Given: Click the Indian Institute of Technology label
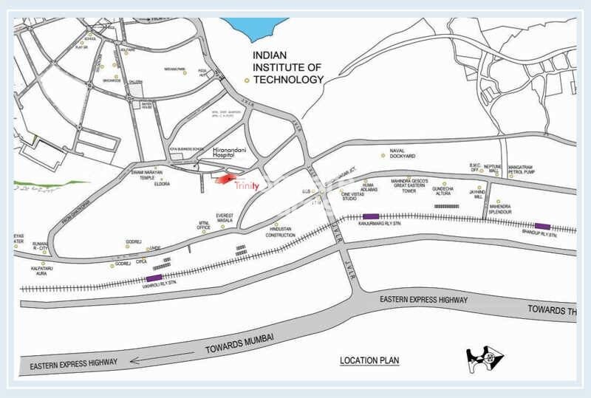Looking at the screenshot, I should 288,67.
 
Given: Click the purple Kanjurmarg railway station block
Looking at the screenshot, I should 371,216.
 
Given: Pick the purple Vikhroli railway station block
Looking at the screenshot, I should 155,278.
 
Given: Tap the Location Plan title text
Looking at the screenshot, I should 369,361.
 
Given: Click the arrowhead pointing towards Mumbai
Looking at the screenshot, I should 134,360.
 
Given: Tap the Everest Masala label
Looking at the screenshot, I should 225,218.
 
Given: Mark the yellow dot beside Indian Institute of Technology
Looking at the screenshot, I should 247,80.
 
